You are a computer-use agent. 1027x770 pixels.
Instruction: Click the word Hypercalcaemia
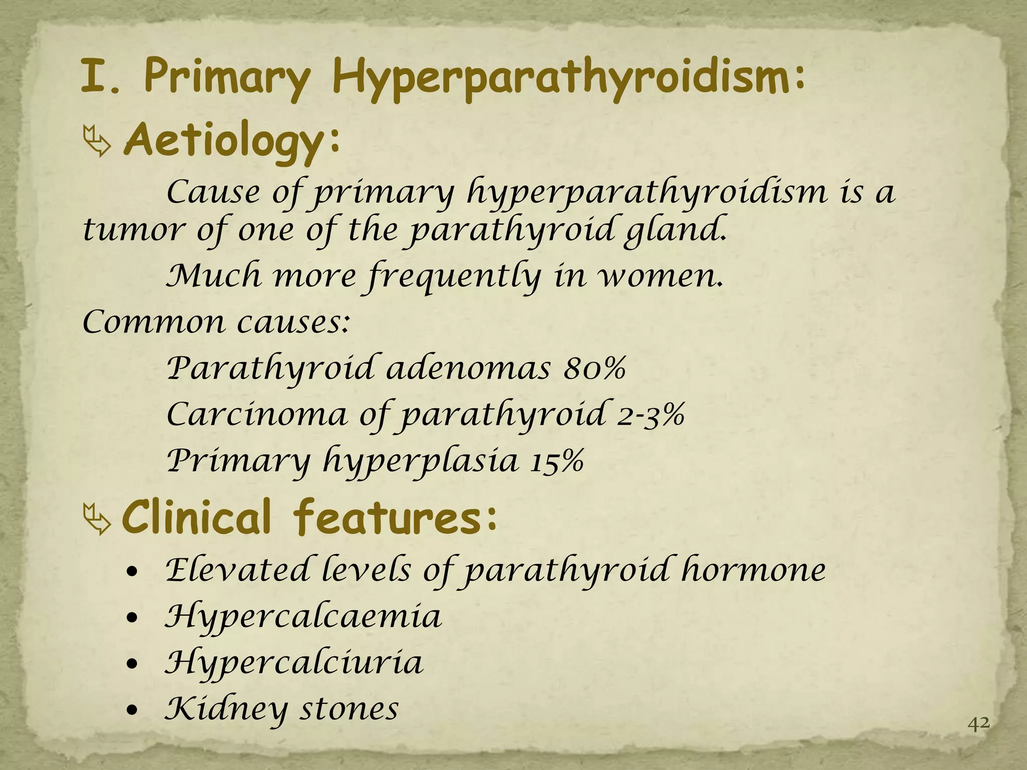click(303, 617)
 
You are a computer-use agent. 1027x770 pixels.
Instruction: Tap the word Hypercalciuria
click(294, 663)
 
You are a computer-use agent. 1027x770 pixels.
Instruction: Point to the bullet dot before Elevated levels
click(131, 573)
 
